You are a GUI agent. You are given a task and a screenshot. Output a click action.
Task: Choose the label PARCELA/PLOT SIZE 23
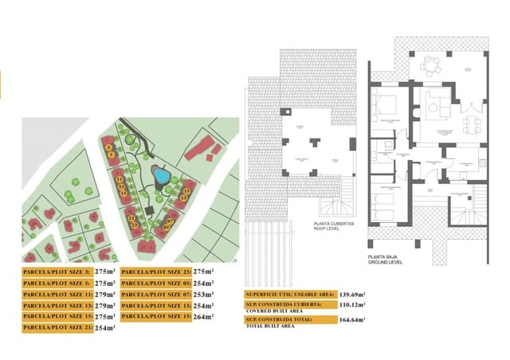156,272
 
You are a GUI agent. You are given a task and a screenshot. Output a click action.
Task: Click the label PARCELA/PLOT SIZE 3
57,272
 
